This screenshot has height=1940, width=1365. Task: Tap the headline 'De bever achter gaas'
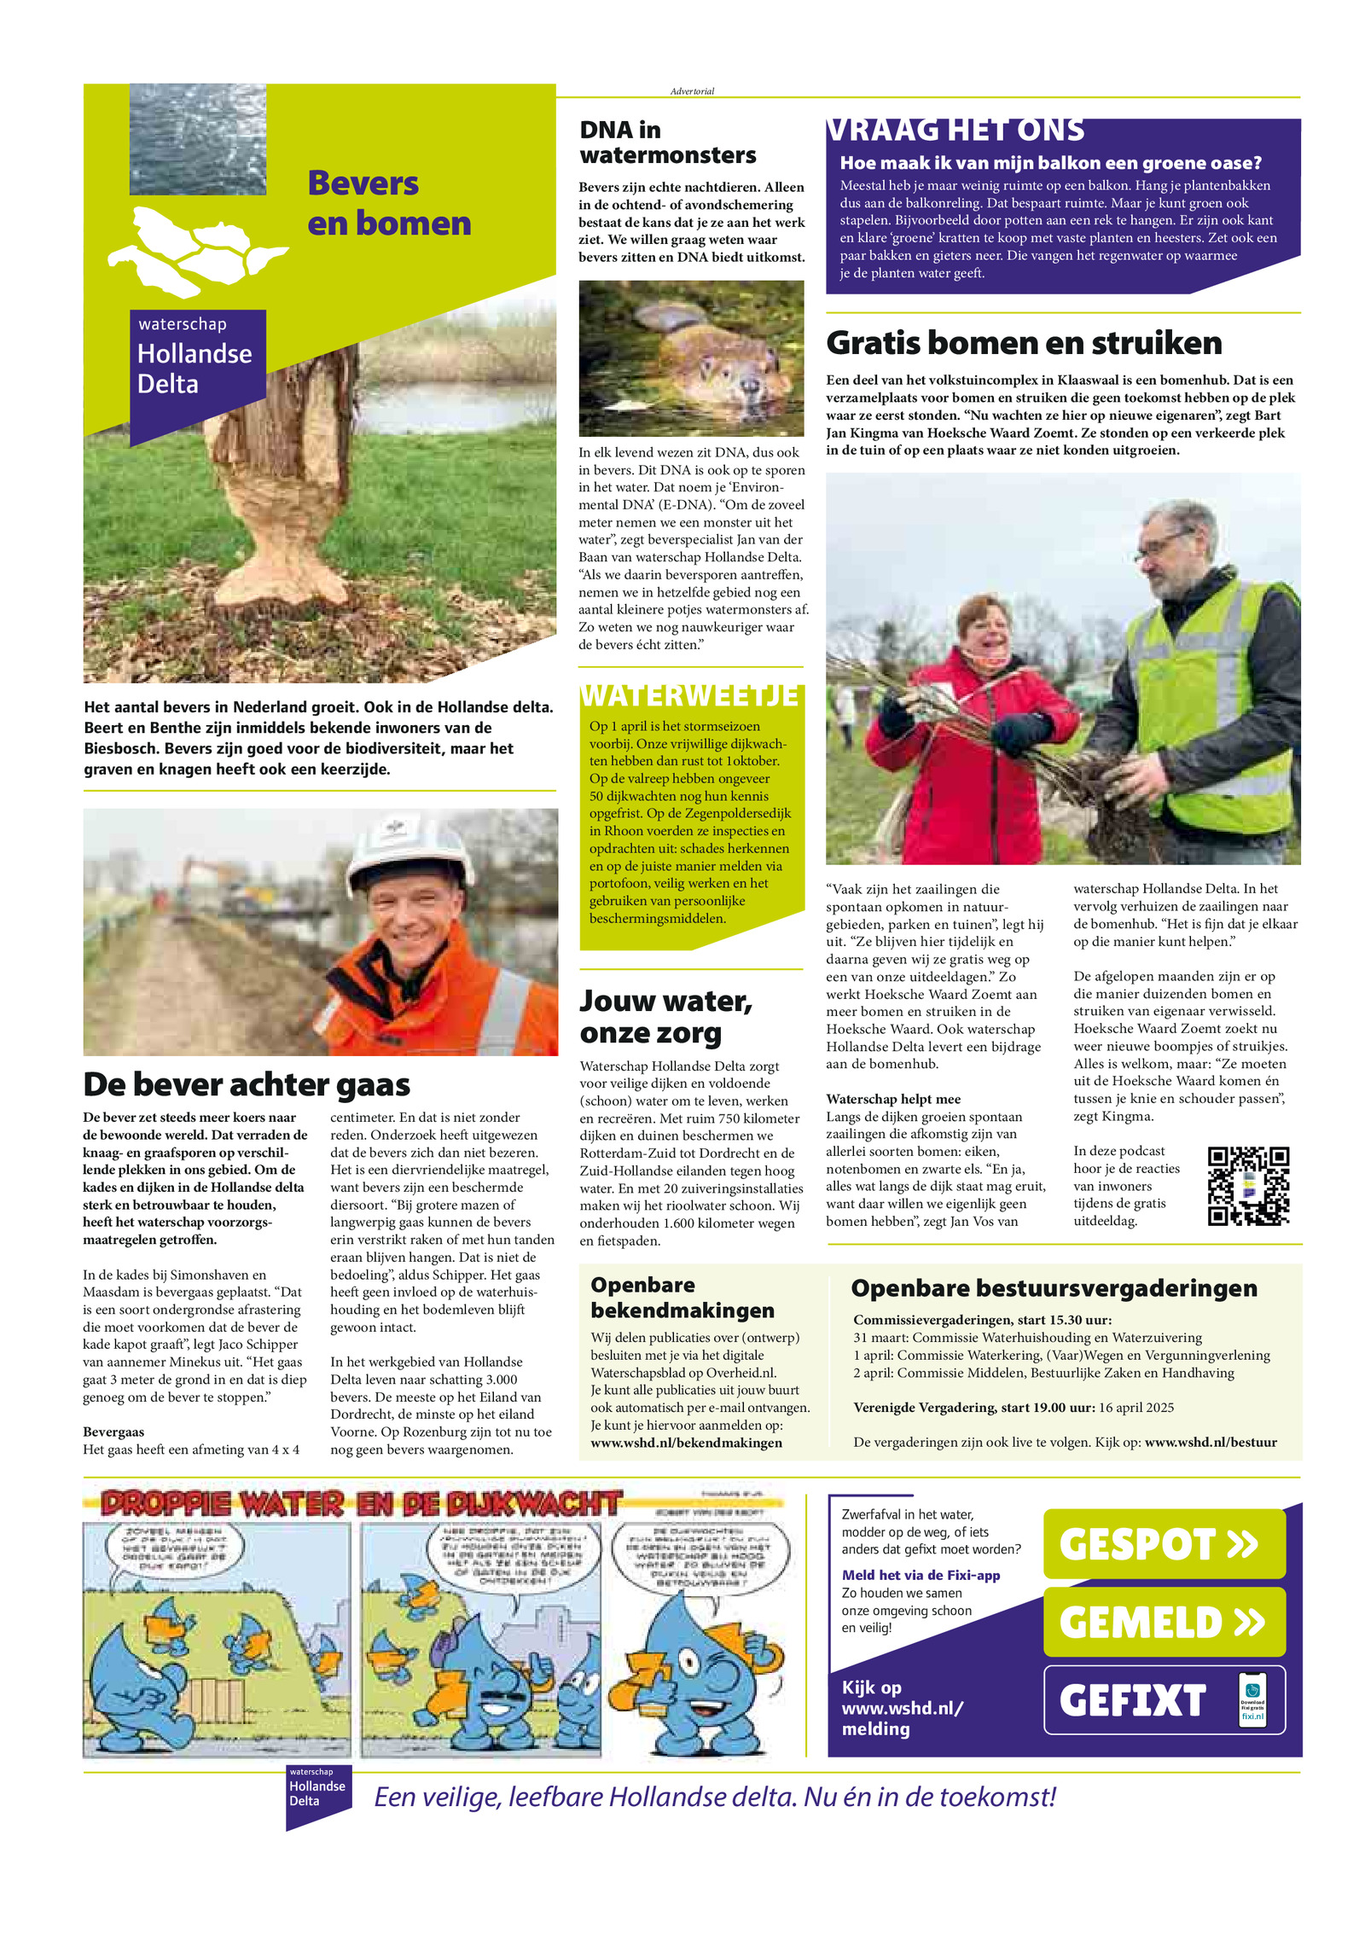pos(247,1084)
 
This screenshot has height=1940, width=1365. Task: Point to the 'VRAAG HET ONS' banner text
pos(955,131)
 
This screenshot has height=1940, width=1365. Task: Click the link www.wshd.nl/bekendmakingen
pos(686,1443)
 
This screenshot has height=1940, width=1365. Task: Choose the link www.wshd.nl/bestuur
pos(1210,1442)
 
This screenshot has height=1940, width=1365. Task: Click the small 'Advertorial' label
pos(692,91)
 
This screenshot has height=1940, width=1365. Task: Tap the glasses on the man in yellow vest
pos(1164,539)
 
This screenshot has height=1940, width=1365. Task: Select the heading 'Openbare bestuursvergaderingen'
pos(1054,1288)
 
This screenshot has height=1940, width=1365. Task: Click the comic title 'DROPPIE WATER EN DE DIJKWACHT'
pos(363,1504)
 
